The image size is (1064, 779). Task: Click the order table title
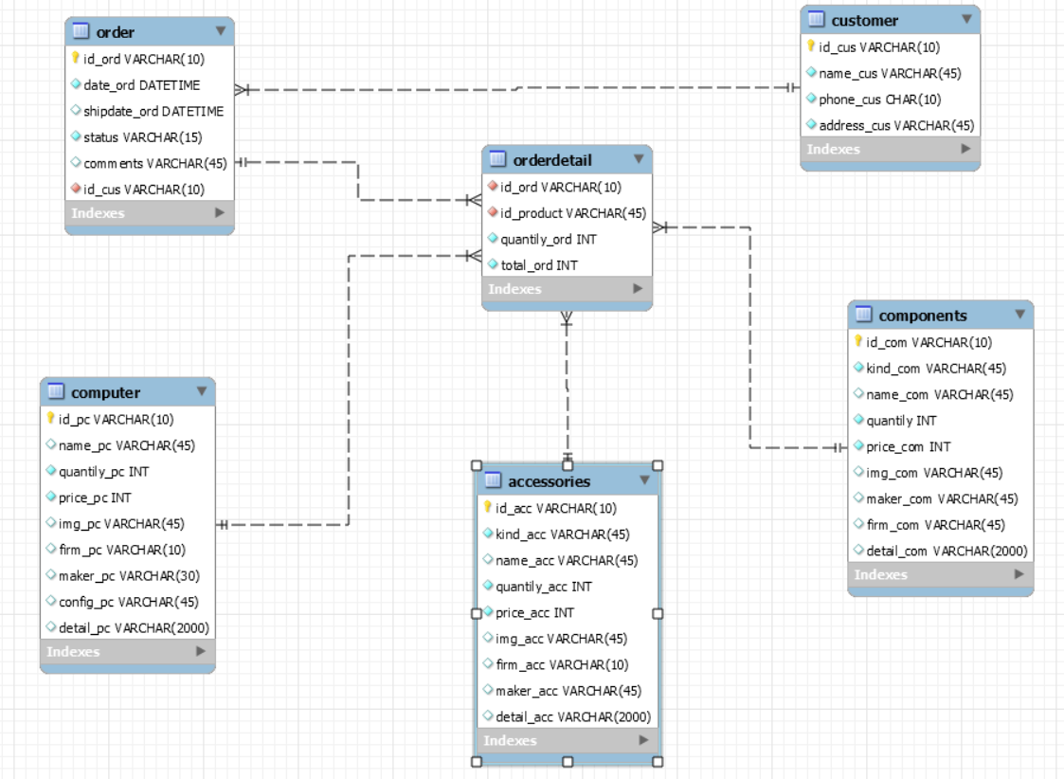point(116,32)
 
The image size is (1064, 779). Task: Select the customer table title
point(864,20)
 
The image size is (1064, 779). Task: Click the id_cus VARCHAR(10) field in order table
point(144,190)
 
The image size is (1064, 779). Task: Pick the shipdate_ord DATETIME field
point(153,111)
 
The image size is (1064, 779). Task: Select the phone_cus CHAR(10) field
point(880,100)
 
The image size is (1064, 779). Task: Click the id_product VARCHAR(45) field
point(573,213)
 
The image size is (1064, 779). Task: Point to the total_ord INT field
point(539,265)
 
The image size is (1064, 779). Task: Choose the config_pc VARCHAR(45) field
point(128,602)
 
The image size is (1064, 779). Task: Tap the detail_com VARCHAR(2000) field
point(947,551)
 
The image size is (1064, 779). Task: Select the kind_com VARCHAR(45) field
point(936,369)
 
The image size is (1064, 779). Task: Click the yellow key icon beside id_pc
point(50,418)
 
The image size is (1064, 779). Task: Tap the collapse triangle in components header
point(1019,315)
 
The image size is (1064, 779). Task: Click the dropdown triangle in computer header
point(202,391)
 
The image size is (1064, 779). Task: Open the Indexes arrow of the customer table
point(965,149)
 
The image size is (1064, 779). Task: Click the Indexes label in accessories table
point(510,741)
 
